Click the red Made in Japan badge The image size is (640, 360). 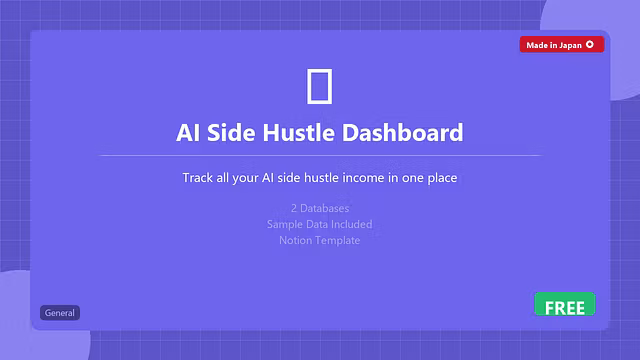pos(561,44)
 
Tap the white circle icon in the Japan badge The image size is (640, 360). pos(590,44)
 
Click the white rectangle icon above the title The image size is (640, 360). pos(319,86)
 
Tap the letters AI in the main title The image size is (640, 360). pos(187,132)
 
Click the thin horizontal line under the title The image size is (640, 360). pos(320,155)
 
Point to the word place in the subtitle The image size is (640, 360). pos(441,178)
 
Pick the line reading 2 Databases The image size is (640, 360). pos(320,209)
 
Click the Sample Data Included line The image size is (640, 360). pos(320,224)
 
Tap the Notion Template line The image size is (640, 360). pos(320,240)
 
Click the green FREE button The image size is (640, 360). pos(564,305)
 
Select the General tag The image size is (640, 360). pos(60,313)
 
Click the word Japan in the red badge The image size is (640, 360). pos(568,44)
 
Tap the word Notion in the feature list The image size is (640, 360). pos(297,240)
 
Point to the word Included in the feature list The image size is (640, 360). pos(348,224)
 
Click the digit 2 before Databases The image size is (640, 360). pos(293,209)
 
